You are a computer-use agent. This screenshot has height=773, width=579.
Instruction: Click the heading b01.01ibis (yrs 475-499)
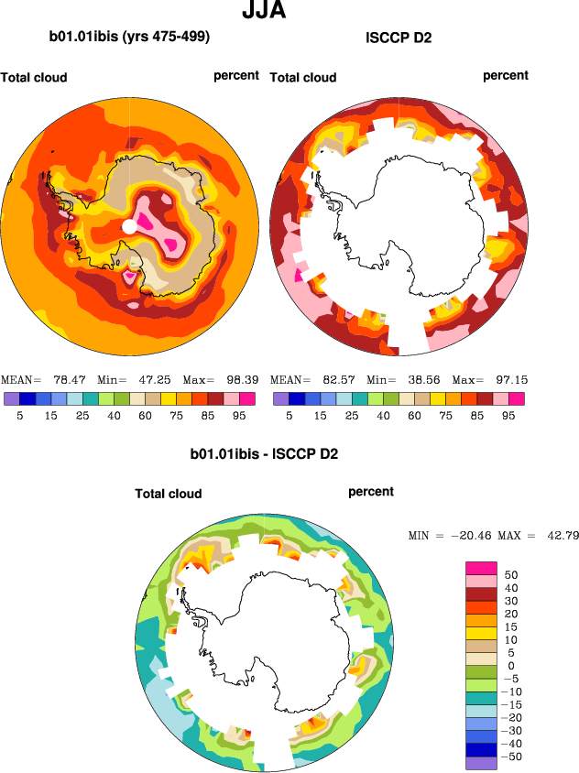[129, 38]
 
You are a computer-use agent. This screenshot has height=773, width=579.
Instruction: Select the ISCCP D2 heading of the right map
[399, 38]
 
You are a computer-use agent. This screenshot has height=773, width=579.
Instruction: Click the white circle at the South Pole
[130, 225]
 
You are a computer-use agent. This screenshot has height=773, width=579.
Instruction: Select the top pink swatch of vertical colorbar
[482, 568]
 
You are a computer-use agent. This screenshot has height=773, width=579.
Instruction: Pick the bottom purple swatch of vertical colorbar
[482, 762]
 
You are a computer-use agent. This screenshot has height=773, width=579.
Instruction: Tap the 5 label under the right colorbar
[289, 415]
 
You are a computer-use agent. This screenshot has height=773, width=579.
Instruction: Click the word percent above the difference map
[371, 492]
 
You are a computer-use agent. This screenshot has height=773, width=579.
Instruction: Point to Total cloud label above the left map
[34, 78]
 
